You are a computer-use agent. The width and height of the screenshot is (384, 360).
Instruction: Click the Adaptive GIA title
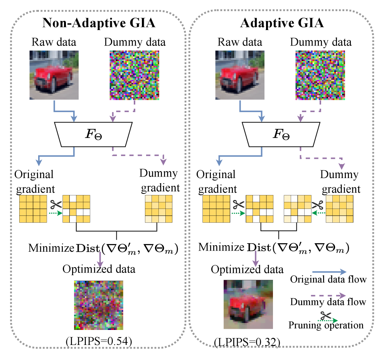[x=281, y=24]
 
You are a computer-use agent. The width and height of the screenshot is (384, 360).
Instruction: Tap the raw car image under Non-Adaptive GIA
[x=54, y=76]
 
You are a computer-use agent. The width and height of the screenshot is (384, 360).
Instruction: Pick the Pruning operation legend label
[x=326, y=325]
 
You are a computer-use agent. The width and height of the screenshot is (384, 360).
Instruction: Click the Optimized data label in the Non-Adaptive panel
[x=100, y=269]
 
